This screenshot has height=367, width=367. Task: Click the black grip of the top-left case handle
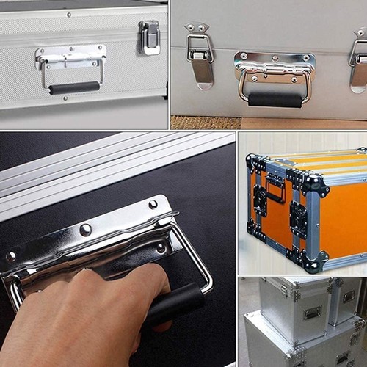tap(74, 87)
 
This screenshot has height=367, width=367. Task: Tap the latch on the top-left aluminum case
tap(150, 37)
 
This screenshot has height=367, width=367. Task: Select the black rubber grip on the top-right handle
tap(275, 98)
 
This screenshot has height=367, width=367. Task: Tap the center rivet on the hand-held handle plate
tap(86, 230)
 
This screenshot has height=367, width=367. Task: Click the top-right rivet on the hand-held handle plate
tap(153, 204)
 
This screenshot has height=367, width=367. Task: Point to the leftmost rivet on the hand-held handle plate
tap(11, 256)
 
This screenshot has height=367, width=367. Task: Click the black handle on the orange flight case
tap(275, 189)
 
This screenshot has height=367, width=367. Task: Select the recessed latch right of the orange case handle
tap(298, 219)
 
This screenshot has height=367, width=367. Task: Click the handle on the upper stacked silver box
tap(312, 312)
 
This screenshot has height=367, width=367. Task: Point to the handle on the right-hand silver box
tap(349, 297)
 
